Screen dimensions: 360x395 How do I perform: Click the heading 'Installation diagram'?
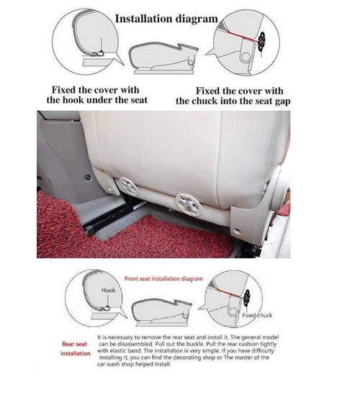tap(166, 19)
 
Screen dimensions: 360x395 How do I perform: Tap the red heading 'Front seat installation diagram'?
tap(163, 278)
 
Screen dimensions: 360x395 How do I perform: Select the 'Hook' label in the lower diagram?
tap(109, 290)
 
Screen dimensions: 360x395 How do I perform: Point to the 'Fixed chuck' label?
tap(257, 315)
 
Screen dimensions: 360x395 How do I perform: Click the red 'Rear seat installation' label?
tap(75, 349)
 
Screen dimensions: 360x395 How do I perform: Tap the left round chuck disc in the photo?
tap(129, 186)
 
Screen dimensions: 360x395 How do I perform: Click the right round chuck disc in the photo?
tap(189, 204)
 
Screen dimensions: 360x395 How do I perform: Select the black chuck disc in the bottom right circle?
tap(247, 297)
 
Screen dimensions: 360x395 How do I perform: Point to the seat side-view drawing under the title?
tap(163, 58)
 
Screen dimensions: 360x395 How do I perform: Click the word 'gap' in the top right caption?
tap(282, 102)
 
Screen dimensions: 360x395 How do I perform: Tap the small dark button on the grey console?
tap(88, 177)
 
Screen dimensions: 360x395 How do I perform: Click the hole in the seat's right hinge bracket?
tap(236, 230)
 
